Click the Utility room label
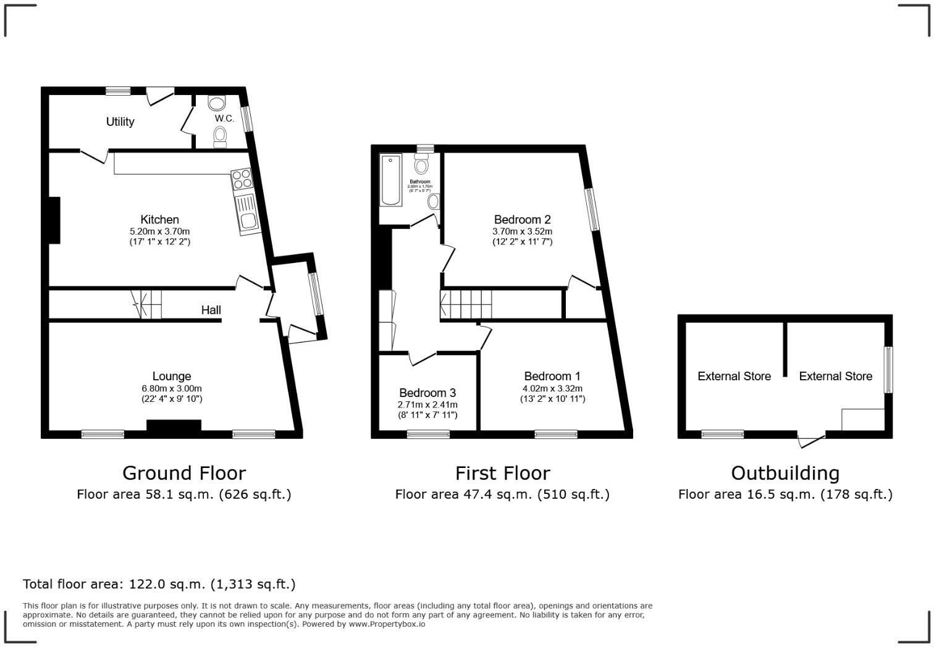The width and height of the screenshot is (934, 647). pos(120,122)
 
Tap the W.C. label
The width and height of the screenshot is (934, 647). pos(224,118)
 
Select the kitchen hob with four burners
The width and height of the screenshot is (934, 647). pos(242,179)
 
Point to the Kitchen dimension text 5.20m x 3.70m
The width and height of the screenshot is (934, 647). pos(159,232)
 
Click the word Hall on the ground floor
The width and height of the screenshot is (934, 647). pos(211,310)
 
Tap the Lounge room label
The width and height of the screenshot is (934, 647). pos(172,376)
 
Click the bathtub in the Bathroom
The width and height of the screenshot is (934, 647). pos(390,180)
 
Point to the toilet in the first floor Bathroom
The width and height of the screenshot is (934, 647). pos(422,164)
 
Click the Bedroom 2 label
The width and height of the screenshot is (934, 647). pos(522,219)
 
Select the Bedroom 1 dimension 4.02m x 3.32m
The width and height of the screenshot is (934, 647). pos(552,388)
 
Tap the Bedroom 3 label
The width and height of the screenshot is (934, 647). pos(427,393)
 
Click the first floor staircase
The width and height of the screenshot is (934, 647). pos(467,304)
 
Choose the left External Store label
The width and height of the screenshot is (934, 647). pos(734,376)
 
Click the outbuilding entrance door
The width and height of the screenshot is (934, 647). pos(811,440)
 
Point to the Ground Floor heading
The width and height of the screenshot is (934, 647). pos(184,473)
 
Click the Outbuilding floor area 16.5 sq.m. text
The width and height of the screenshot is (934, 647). pos(785,494)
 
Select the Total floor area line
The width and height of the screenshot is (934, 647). pos(159,584)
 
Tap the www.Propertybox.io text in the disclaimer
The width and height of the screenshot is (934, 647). pos(387,624)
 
